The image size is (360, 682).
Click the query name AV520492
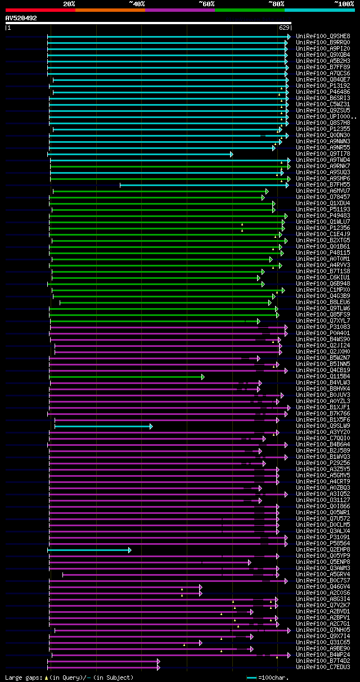point(21,18)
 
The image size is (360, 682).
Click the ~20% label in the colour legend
point(69,3)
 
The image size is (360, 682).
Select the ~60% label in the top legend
point(206,3)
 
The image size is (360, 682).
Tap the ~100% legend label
point(344,3)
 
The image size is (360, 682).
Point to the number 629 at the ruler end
point(284,28)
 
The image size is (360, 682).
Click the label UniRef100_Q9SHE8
point(323,36)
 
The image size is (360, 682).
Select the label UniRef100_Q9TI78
point(323,153)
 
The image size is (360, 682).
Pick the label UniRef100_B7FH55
point(323,184)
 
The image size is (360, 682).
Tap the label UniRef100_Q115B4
point(323,376)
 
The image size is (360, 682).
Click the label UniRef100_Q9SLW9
point(323,426)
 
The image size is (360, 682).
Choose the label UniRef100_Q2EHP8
point(323,549)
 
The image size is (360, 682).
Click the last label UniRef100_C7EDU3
point(323,667)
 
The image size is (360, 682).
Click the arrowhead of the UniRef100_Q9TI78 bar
point(231,153)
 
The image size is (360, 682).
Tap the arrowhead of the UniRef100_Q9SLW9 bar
point(151,426)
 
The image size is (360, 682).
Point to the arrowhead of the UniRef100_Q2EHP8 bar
point(129,550)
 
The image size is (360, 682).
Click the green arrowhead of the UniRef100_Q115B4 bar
point(203,377)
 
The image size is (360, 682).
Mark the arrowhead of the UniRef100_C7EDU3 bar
point(159,667)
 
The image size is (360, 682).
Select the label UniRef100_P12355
point(323,129)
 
